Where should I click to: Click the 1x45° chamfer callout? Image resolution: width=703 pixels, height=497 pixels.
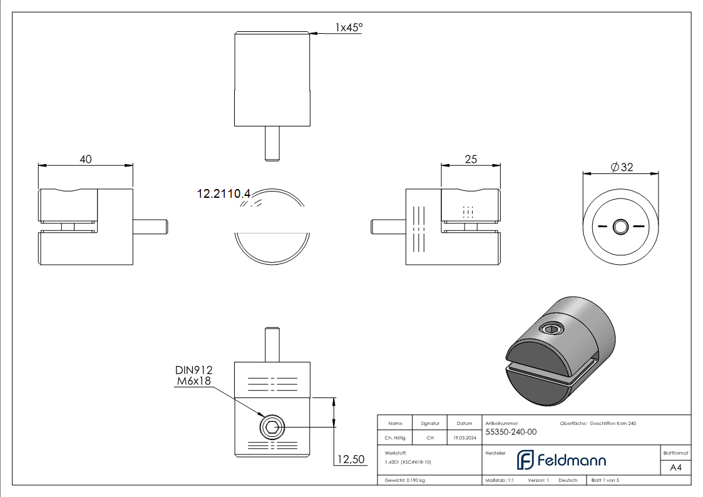349,28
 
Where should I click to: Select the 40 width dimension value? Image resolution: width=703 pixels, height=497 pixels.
85,160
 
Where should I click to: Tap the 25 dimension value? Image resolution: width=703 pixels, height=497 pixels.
471,160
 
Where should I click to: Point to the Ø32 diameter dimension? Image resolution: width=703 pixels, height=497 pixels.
622,167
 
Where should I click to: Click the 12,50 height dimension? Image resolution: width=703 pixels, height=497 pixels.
351,460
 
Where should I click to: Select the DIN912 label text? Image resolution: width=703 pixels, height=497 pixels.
193,371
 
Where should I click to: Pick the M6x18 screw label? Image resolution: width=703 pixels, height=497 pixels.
193,381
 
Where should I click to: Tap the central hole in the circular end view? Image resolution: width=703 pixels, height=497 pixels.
621,227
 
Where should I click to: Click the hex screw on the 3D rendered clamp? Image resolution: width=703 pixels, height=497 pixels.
551,329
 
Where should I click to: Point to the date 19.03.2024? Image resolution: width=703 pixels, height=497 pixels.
464,438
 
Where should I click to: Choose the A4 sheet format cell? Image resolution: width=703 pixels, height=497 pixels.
675,468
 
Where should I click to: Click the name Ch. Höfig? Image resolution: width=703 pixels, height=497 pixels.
394,438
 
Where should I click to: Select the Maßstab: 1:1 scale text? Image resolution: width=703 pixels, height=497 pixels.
500,480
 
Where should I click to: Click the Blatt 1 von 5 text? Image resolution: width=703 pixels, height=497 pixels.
605,480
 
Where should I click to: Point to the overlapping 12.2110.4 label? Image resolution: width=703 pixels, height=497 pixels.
223,194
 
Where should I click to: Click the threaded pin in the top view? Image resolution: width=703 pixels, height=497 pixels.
272,143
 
